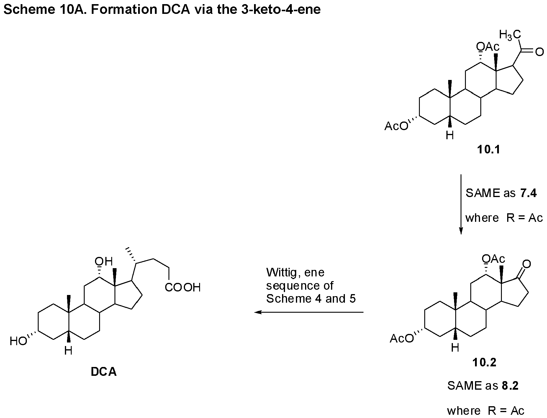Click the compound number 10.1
click(x=489, y=150)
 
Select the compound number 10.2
click(x=484, y=362)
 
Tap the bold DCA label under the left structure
click(x=104, y=372)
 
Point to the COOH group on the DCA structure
click(x=183, y=287)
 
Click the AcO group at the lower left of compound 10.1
click(x=396, y=127)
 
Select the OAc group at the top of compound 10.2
click(x=494, y=259)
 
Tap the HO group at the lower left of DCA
click(x=18, y=342)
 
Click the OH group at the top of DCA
click(x=104, y=261)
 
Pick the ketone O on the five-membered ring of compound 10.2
click(x=526, y=264)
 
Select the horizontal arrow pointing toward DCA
click(x=309, y=312)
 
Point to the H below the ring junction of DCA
click(x=68, y=351)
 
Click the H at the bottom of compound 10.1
click(x=450, y=136)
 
